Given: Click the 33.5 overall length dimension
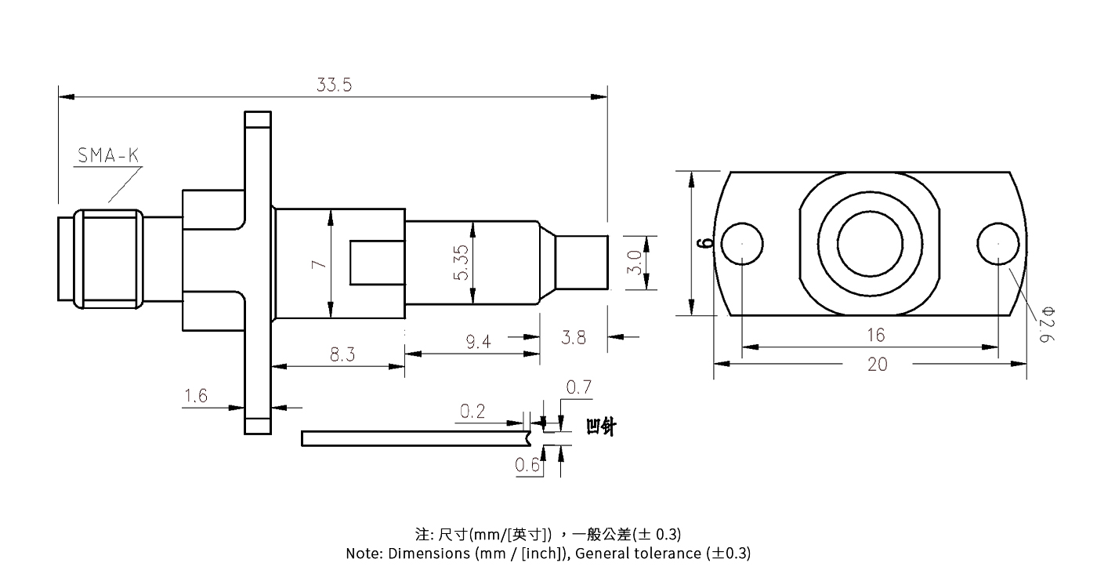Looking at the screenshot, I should point(334,85).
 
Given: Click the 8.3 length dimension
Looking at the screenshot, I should point(342,354).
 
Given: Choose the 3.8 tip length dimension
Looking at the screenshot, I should point(574,338).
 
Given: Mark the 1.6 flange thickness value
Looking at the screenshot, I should point(195,396).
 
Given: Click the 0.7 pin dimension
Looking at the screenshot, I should point(578,387).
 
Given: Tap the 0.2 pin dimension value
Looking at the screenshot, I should point(472,412).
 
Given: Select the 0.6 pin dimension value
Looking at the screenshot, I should point(527,466).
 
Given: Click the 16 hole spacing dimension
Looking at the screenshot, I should point(875,335).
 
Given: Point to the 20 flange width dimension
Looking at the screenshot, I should point(878,364).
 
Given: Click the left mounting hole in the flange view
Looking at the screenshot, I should point(741,243).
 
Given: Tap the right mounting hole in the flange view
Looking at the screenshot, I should point(998,243).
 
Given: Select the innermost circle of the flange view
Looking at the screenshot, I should point(870,243).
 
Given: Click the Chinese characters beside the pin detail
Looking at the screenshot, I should point(601,427).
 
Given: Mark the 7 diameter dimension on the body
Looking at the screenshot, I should point(318,264).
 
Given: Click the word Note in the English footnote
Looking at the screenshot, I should point(363,554).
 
